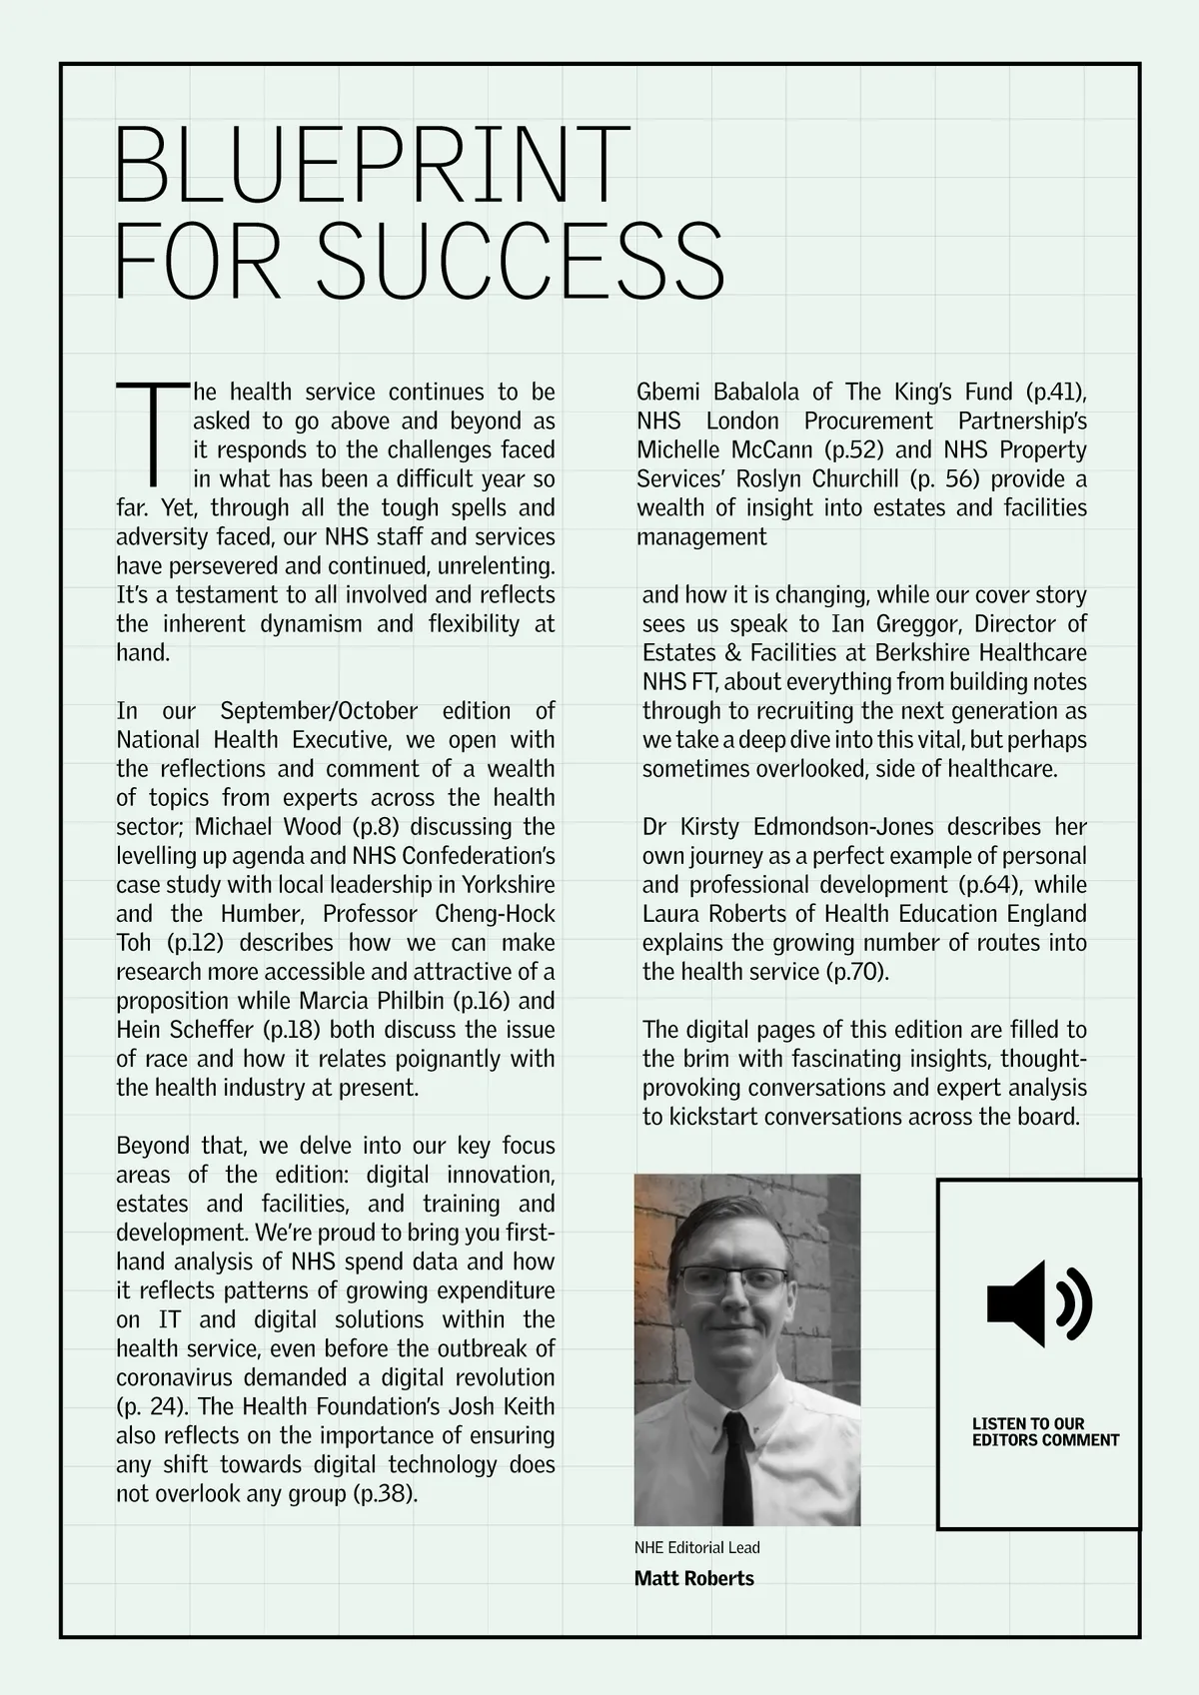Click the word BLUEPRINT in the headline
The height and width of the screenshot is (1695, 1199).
click(x=373, y=164)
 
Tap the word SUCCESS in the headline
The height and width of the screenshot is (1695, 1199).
click(x=526, y=262)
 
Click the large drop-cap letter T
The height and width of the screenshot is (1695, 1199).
click(x=153, y=429)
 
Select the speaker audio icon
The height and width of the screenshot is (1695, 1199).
click(x=1039, y=1303)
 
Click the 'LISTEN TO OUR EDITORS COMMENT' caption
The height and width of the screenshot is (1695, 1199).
click(x=1045, y=1431)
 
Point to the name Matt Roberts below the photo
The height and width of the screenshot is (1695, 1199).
click(x=693, y=1579)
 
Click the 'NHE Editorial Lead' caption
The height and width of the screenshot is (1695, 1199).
click(x=696, y=1547)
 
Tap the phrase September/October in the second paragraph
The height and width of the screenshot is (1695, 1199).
click(x=318, y=711)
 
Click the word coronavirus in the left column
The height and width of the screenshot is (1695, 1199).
click(x=174, y=1378)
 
